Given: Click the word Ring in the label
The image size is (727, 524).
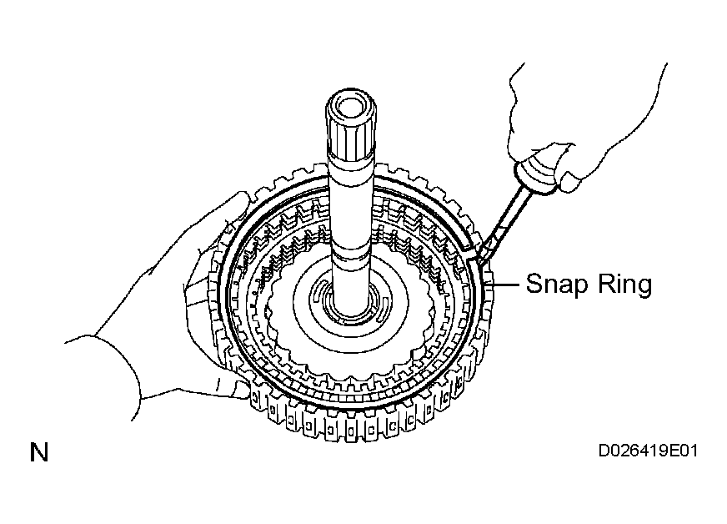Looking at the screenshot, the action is [624, 284].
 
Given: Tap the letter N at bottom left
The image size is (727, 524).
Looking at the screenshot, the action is [39, 452].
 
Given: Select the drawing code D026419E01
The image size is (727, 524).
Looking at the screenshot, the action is [648, 451].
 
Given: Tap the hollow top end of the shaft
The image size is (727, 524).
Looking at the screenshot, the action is [350, 106].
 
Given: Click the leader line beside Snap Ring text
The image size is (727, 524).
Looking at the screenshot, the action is [505, 284].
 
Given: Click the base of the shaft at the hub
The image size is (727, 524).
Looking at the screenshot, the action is [350, 309].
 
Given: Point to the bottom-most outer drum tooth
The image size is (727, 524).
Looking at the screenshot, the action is [351, 431].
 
